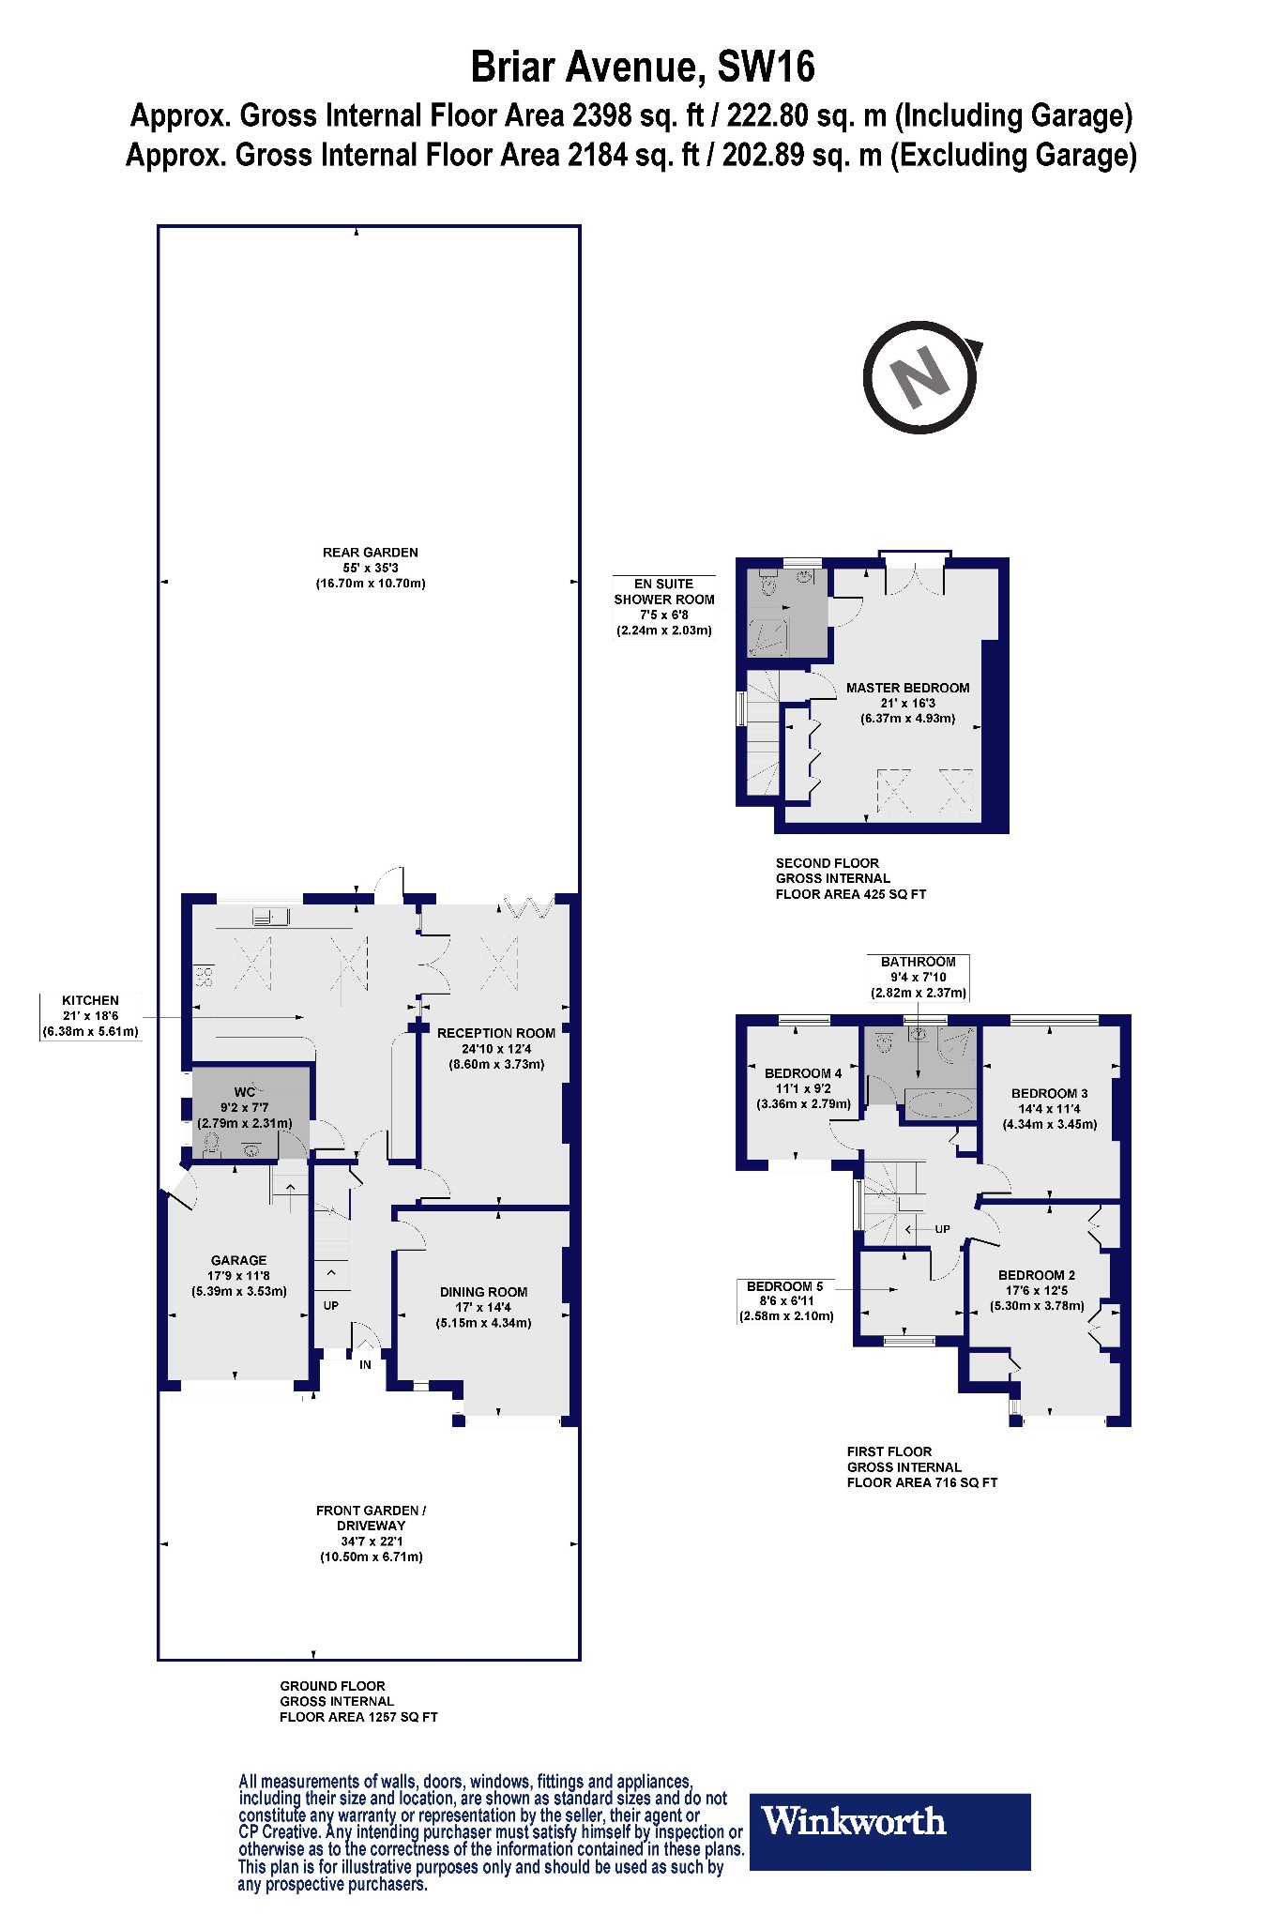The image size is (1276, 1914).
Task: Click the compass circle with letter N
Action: click(x=920, y=377)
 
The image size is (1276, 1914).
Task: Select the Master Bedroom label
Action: click(x=907, y=688)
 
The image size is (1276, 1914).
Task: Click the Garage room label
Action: click(x=238, y=1260)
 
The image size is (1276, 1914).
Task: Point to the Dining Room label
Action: click(x=483, y=1292)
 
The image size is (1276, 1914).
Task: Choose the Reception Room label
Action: click(x=495, y=1033)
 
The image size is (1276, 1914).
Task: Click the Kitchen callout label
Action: click(x=90, y=1016)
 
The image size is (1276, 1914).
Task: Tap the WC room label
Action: click(x=244, y=1092)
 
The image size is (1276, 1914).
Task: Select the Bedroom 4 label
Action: click(x=803, y=1073)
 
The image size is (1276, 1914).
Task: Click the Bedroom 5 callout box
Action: click(x=785, y=1301)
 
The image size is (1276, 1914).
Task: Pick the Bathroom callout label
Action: click(x=918, y=977)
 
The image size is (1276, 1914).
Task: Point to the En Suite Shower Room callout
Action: click(x=663, y=607)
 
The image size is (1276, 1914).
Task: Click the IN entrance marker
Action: click(x=365, y=1364)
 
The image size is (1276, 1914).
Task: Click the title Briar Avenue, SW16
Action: click(x=642, y=68)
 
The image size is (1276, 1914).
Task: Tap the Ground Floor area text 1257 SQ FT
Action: click(x=358, y=1717)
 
